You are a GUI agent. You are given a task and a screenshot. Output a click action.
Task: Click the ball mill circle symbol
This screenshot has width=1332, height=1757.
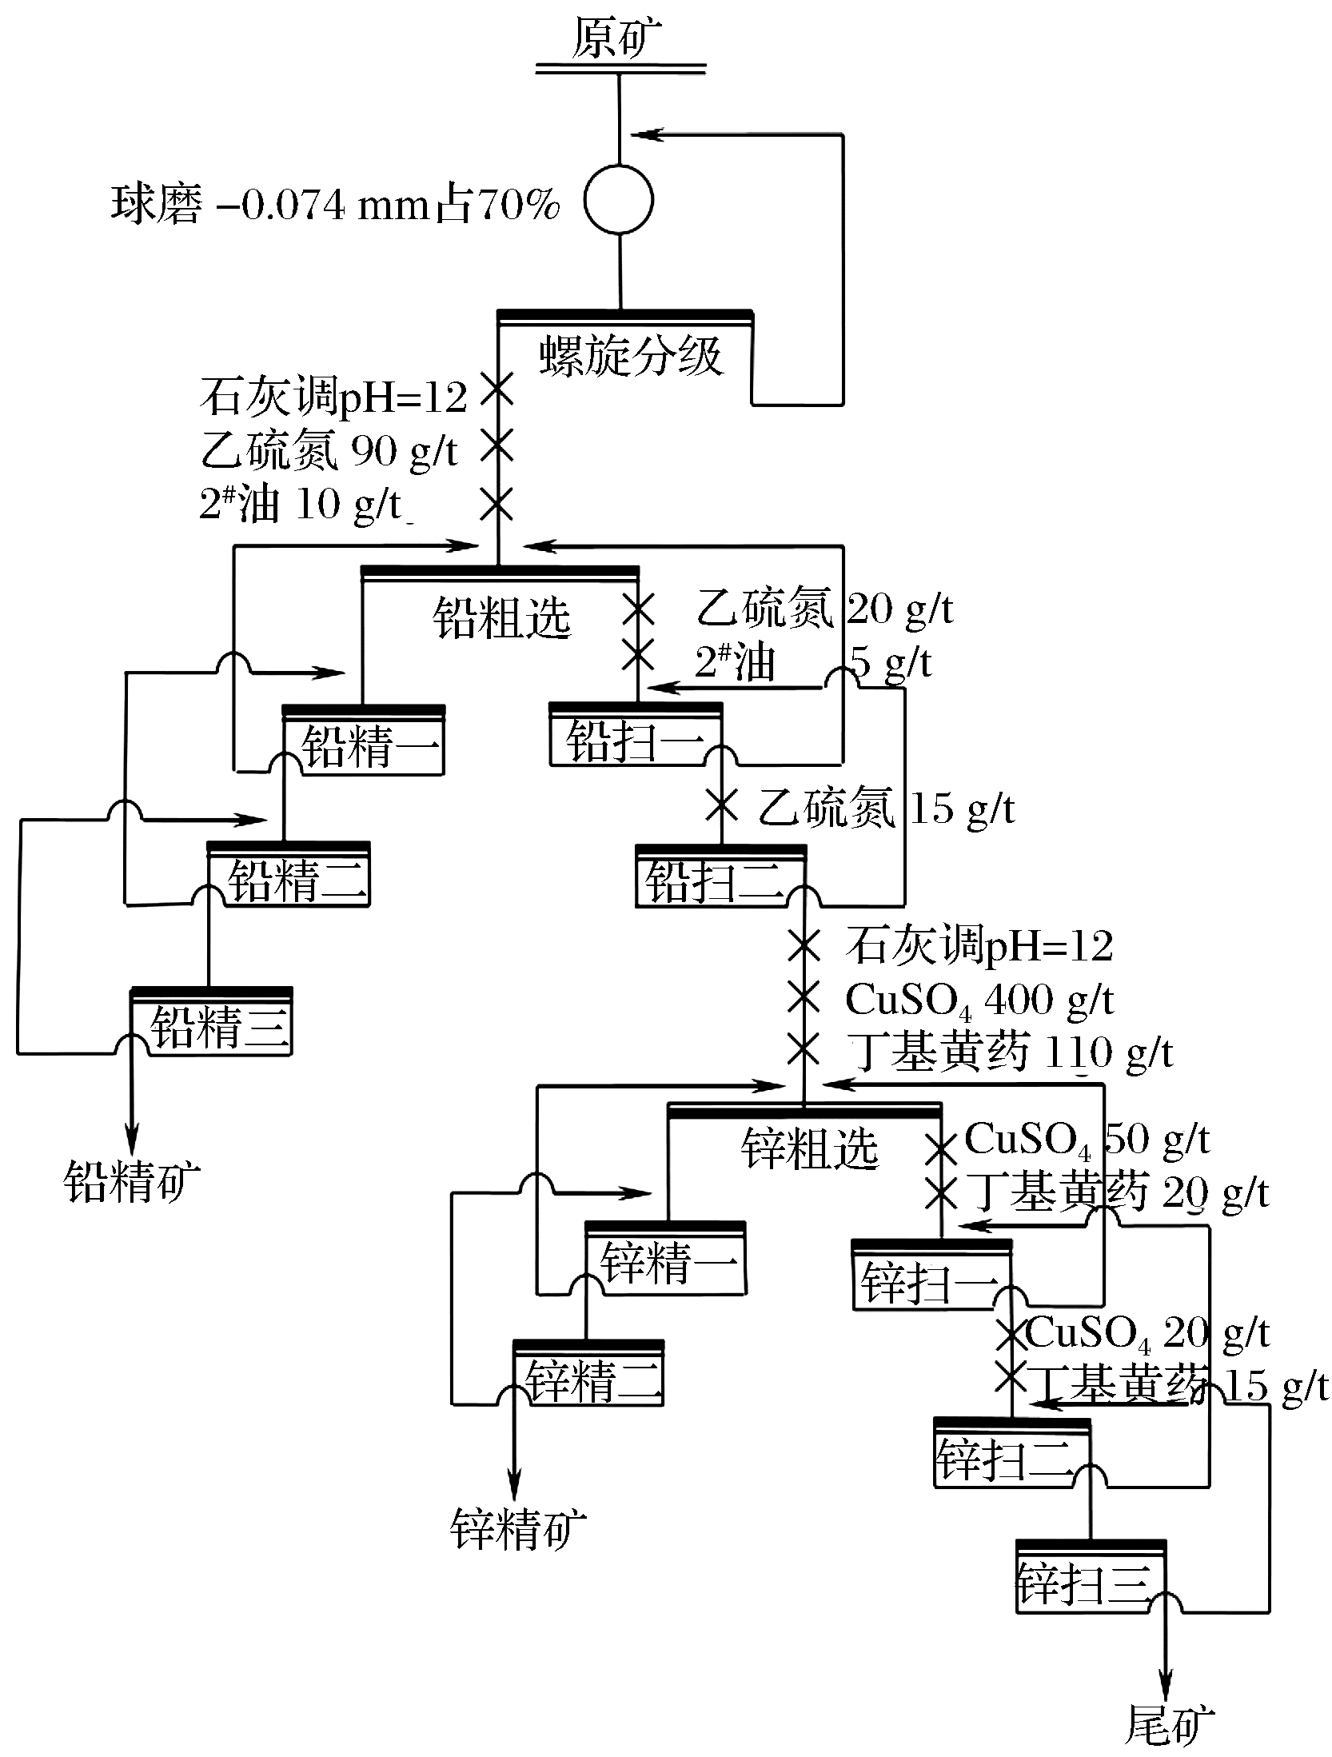(x=618, y=200)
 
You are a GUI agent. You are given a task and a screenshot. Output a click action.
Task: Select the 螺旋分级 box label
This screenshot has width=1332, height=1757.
(x=631, y=356)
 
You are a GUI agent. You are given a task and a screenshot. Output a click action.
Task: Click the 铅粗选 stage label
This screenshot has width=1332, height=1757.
(x=502, y=617)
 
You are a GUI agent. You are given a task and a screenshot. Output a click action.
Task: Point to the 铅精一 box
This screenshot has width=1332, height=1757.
(x=365, y=743)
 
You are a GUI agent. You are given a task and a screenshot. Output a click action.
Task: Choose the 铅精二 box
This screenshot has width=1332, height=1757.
(x=289, y=877)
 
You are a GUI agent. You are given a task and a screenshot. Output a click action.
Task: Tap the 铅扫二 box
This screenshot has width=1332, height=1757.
(x=721, y=878)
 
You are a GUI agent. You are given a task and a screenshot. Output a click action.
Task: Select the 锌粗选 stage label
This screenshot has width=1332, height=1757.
(x=809, y=1151)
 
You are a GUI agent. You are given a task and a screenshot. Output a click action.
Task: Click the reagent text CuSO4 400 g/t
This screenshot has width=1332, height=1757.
(x=979, y=1000)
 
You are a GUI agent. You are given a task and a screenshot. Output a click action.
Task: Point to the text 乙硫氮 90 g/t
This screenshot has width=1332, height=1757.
(x=329, y=452)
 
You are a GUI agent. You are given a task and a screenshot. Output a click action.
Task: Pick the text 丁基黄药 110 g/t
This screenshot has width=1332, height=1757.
(x=1011, y=1052)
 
